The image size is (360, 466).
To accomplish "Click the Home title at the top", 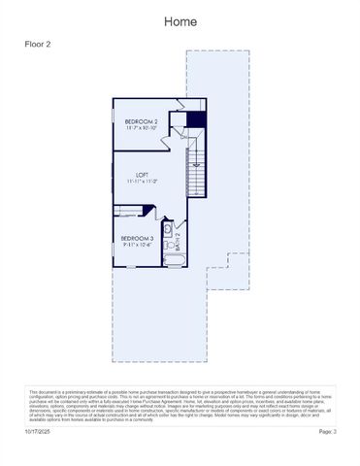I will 180,21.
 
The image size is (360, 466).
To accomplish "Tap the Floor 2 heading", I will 38,45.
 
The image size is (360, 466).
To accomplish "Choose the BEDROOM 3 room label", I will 136,238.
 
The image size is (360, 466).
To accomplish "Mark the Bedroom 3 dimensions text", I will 136,245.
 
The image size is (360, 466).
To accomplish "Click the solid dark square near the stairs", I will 196,119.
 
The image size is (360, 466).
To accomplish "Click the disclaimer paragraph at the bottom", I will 180,405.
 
